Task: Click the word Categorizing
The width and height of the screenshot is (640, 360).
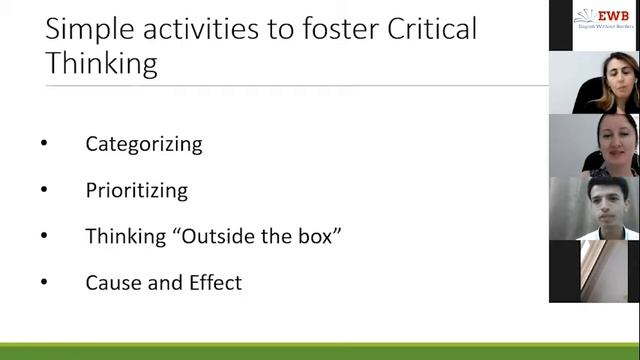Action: click(x=144, y=144)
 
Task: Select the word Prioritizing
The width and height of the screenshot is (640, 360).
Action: click(x=136, y=190)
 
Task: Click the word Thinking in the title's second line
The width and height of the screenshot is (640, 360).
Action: click(x=102, y=64)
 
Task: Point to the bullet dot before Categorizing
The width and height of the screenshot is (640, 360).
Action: click(x=44, y=144)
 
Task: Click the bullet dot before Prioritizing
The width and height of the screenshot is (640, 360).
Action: click(x=44, y=190)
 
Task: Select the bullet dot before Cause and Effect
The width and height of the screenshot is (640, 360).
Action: click(x=44, y=283)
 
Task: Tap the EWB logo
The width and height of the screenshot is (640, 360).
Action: click(x=597, y=18)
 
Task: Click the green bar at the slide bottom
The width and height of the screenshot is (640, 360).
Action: click(x=320, y=351)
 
